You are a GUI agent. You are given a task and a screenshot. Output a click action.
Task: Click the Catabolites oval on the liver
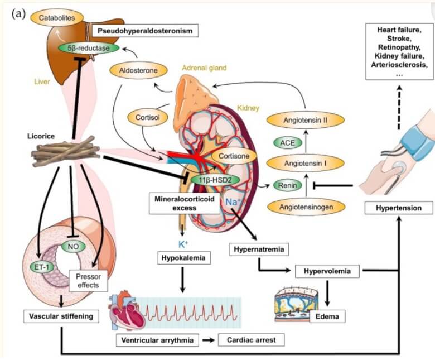point(57,18)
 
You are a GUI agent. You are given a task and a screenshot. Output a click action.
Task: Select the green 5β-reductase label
point(86,48)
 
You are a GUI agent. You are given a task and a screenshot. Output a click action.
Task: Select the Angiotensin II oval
point(306,119)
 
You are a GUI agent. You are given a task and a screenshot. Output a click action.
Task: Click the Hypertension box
point(399,208)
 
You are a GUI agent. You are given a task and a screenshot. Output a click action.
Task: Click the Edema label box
point(327,316)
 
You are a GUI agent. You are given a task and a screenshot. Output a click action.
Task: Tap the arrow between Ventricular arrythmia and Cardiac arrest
point(207,339)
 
